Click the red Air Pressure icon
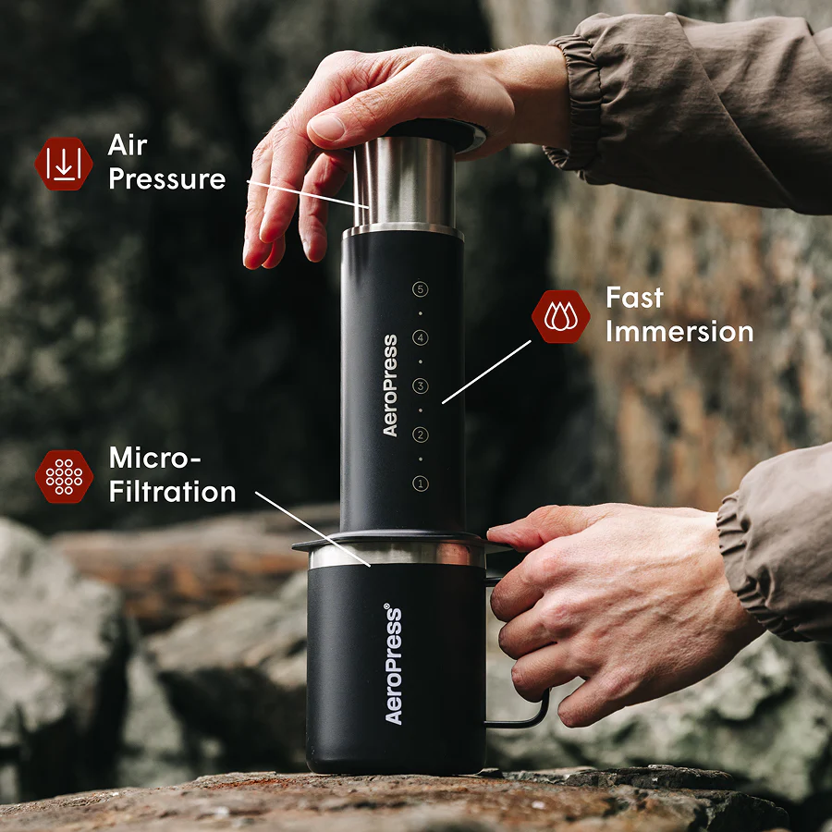(x=64, y=164)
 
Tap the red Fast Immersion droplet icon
(x=560, y=316)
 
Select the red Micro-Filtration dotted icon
(x=64, y=476)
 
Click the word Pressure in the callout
(x=167, y=178)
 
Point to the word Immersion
(x=679, y=332)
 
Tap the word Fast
(x=634, y=298)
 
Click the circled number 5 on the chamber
(x=421, y=290)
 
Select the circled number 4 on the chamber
(x=421, y=338)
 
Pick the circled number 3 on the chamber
(x=421, y=386)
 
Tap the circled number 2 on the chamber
(x=421, y=434)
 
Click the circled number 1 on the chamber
(x=421, y=483)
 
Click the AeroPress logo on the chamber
(x=390, y=385)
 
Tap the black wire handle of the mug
(x=533, y=716)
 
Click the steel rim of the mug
(x=398, y=556)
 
